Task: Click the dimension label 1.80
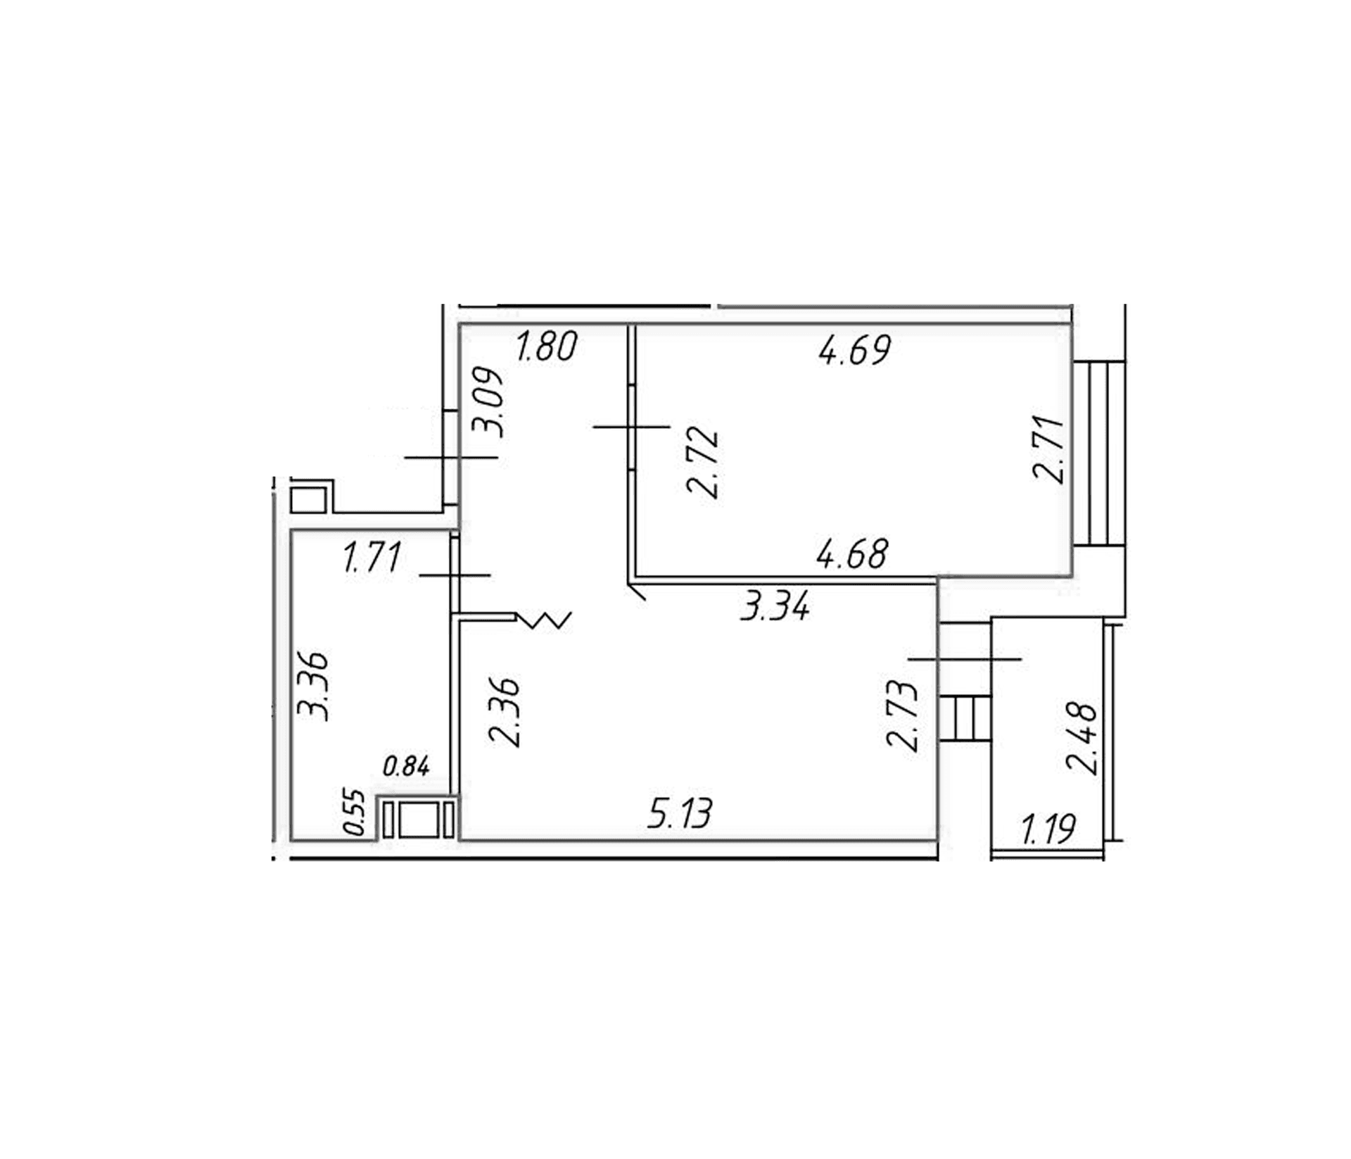pyautogui.click(x=547, y=346)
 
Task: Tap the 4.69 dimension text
pyautogui.click(x=855, y=349)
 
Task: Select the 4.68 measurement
pyautogui.click(x=852, y=553)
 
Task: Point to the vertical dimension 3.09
pyautogui.click(x=488, y=403)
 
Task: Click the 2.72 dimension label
pyautogui.click(x=703, y=463)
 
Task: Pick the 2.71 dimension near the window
pyautogui.click(x=1048, y=449)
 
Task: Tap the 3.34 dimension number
pyautogui.click(x=775, y=606)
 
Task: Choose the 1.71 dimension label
pyautogui.click(x=372, y=557)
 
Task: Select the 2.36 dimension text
pyautogui.click(x=505, y=712)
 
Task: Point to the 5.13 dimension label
pyautogui.click(x=680, y=813)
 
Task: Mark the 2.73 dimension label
pyautogui.click(x=903, y=716)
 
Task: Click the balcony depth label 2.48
pyautogui.click(x=1082, y=739)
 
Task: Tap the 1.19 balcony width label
pyautogui.click(x=1048, y=829)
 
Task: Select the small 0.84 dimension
pyautogui.click(x=406, y=765)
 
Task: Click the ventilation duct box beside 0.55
pyautogui.click(x=418, y=818)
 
